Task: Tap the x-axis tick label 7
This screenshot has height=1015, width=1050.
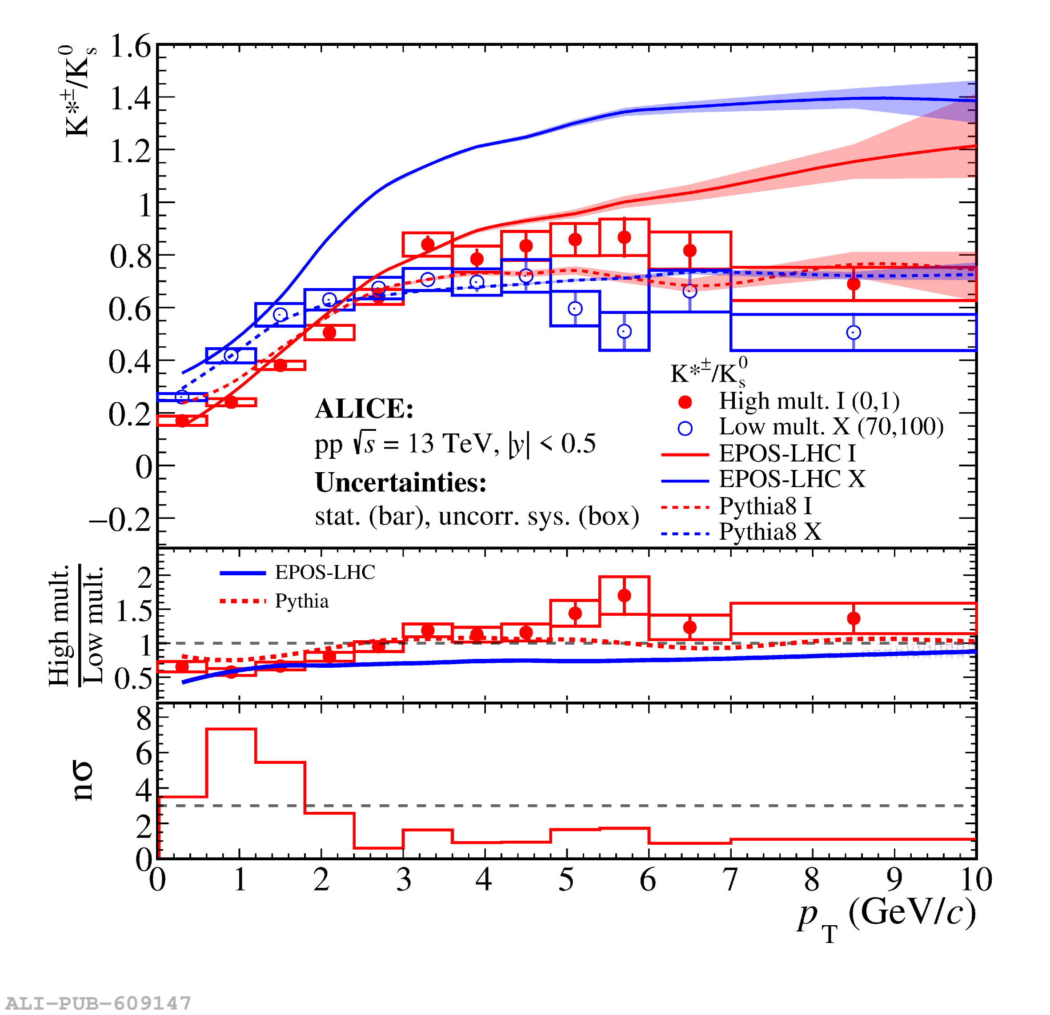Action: (730, 879)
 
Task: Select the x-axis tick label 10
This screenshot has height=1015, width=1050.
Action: (975, 879)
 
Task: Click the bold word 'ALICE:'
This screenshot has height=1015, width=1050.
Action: (364, 409)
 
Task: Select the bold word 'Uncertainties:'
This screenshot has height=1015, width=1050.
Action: (401, 482)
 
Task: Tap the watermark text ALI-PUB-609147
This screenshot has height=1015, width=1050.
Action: (99, 1003)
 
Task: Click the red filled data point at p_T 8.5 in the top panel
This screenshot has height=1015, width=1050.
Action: (854, 284)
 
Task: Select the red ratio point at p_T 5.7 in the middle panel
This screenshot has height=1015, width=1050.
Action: (624, 595)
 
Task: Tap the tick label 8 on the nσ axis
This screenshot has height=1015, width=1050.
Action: (144, 718)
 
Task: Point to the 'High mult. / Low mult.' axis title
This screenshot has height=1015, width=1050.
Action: (75, 624)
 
